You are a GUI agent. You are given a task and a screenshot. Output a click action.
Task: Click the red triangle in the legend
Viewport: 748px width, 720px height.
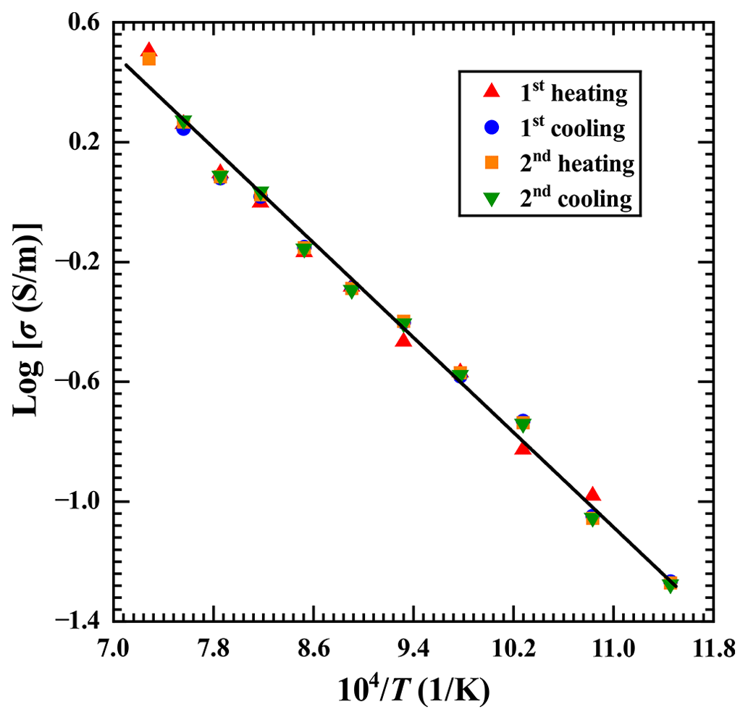click(492, 91)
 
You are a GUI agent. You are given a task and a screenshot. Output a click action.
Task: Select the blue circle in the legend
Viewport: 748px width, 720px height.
click(492, 127)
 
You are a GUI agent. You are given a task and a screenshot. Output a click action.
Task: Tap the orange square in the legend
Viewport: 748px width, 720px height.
click(492, 163)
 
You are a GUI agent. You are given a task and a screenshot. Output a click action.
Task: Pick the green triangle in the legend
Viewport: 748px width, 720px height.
click(492, 198)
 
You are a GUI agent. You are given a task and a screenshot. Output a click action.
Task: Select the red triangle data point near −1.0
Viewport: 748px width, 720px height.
click(592, 494)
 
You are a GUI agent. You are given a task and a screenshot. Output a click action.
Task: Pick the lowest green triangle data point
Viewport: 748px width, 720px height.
click(670, 586)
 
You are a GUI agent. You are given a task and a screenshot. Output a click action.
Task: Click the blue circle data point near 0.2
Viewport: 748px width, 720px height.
click(183, 128)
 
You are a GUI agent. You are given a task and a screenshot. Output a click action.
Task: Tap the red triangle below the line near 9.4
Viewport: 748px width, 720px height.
click(403, 339)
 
